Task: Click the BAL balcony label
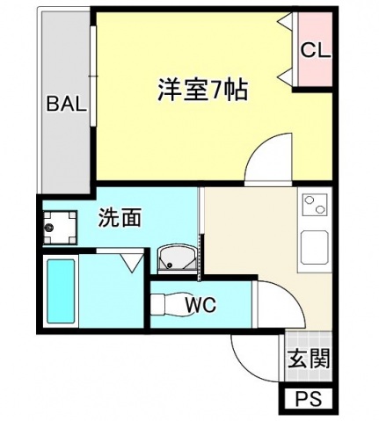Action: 67,105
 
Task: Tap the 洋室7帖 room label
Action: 202,90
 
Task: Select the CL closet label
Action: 315,51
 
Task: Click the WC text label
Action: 200,305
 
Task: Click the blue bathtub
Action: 60,292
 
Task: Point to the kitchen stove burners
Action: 314,206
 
